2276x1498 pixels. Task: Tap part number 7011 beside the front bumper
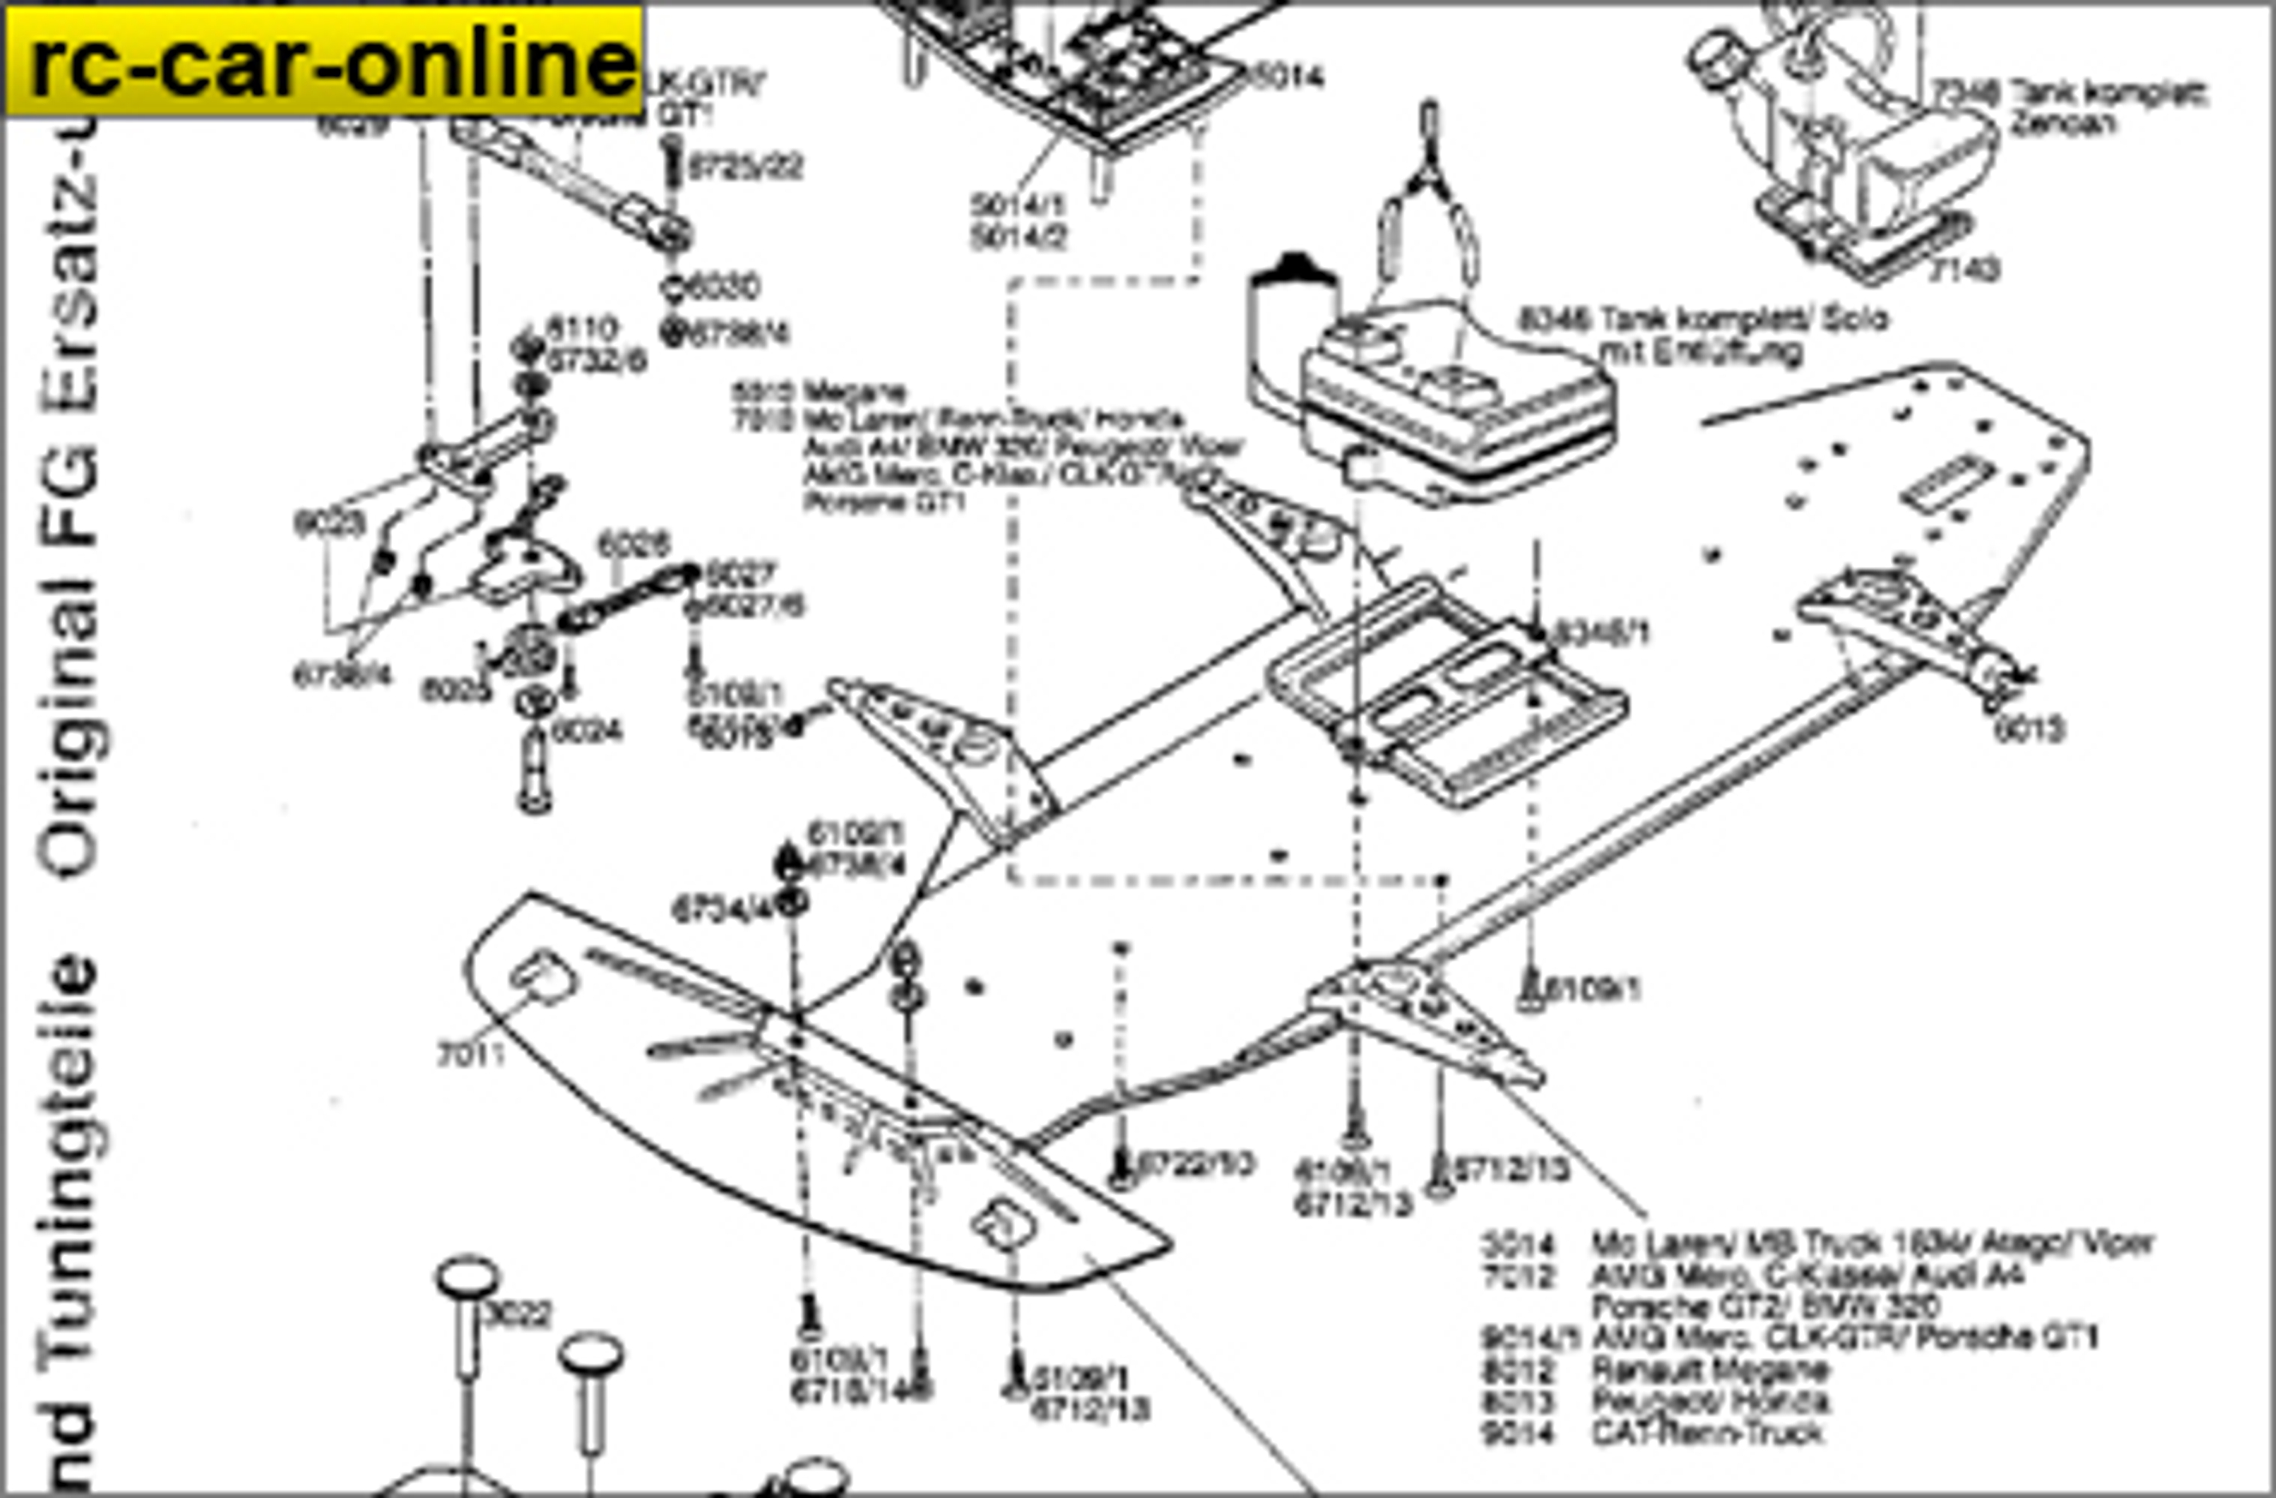(x=470, y=1055)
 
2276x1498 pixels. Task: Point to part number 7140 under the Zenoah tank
(x=1962, y=271)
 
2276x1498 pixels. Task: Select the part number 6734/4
(x=720, y=910)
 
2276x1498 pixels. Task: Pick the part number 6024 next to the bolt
(x=587, y=731)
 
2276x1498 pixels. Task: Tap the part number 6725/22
(x=746, y=168)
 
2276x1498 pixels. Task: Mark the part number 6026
(x=633, y=544)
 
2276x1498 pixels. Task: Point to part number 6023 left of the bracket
(x=329, y=523)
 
